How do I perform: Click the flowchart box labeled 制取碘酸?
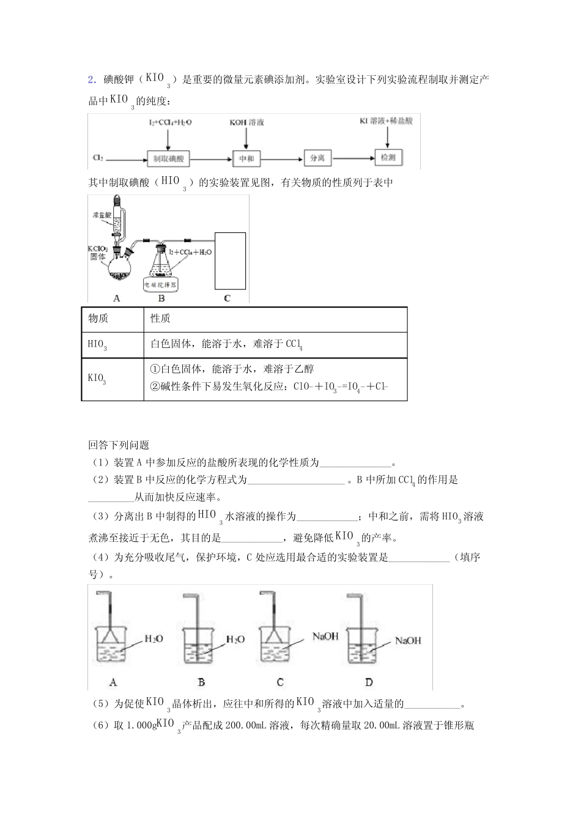pos(168,159)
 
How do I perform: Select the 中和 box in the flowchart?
pos(246,159)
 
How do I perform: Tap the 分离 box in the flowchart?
pos(317,158)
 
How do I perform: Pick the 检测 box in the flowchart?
pos(388,157)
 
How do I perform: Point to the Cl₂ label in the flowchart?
pos(98,158)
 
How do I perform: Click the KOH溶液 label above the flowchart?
pos(246,123)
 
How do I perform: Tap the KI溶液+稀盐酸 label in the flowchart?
pos(386,121)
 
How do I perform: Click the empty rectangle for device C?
pos(230,260)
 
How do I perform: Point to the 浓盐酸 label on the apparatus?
pos(102,215)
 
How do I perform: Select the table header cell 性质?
pos(160,318)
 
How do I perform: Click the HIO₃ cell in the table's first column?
pos(97,345)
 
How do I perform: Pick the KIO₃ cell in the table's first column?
pos(97,379)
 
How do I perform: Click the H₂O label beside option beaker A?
pos(154,639)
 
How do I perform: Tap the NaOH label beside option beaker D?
pos(408,640)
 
